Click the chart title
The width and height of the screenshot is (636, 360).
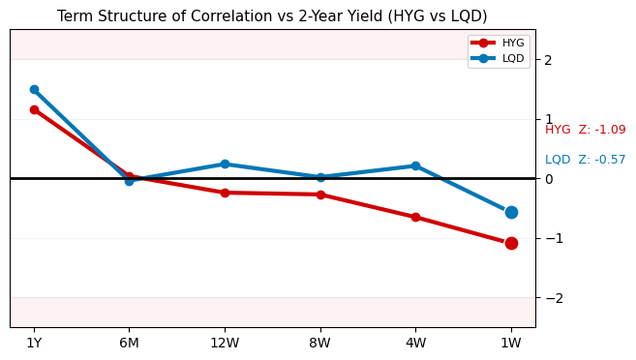pyautogui.click(x=272, y=16)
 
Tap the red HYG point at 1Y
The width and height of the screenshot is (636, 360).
pyautogui.click(x=34, y=109)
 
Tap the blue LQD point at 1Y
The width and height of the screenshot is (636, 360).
pyautogui.click(x=34, y=89)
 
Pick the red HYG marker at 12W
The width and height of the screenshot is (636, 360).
pyautogui.click(x=225, y=193)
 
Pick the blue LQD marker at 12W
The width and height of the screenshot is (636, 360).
pyautogui.click(x=225, y=164)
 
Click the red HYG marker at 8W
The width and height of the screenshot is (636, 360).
pyautogui.click(x=320, y=195)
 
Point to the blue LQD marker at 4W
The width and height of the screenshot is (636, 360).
pyautogui.click(x=415, y=165)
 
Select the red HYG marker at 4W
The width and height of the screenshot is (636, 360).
pyautogui.click(x=415, y=217)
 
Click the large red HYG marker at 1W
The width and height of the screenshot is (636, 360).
pyautogui.click(x=511, y=243)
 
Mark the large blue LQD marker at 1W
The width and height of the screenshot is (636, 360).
pyautogui.click(x=511, y=212)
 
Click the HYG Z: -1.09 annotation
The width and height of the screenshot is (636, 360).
pyautogui.click(x=585, y=130)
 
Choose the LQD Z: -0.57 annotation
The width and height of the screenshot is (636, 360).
pyautogui.click(x=585, y=160)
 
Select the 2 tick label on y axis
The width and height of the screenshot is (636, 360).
pyautogui.click(x=548, y=60)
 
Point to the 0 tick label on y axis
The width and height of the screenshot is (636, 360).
pyautogui.click(x=548, y=179)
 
